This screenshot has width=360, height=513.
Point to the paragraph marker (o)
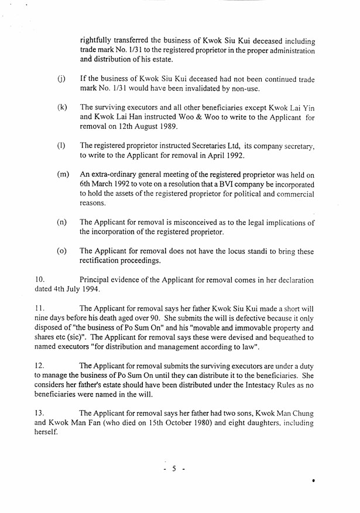[61, 251]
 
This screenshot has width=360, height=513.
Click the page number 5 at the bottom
[174, 469]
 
